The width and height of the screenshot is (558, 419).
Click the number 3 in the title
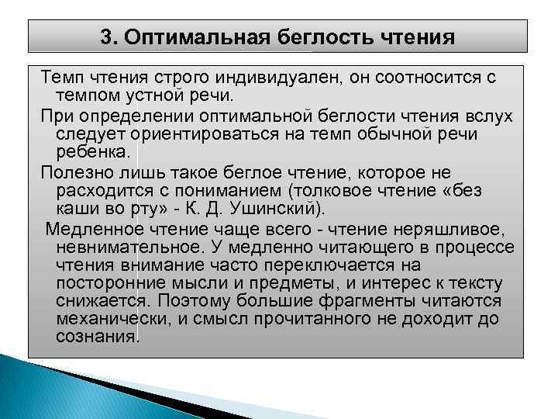point(108,36)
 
